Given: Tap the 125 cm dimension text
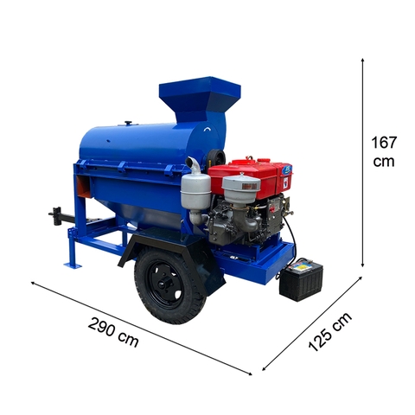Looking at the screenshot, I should pyautogui.click(x=331, y=333).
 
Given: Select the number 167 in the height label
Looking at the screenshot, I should pyautogui.click(x=383, y=143).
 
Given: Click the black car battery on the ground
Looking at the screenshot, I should pyautogui.click(x=301, y=281).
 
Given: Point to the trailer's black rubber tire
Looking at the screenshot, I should pyautogui.click(x=170, y=286).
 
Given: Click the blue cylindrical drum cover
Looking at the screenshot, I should pyautogui.click(x=130, y=143).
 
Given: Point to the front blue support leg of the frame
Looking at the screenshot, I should pyautogui.click(x=76, y=233).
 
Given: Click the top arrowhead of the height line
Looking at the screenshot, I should pyautogui.click(x=363, y=61).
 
